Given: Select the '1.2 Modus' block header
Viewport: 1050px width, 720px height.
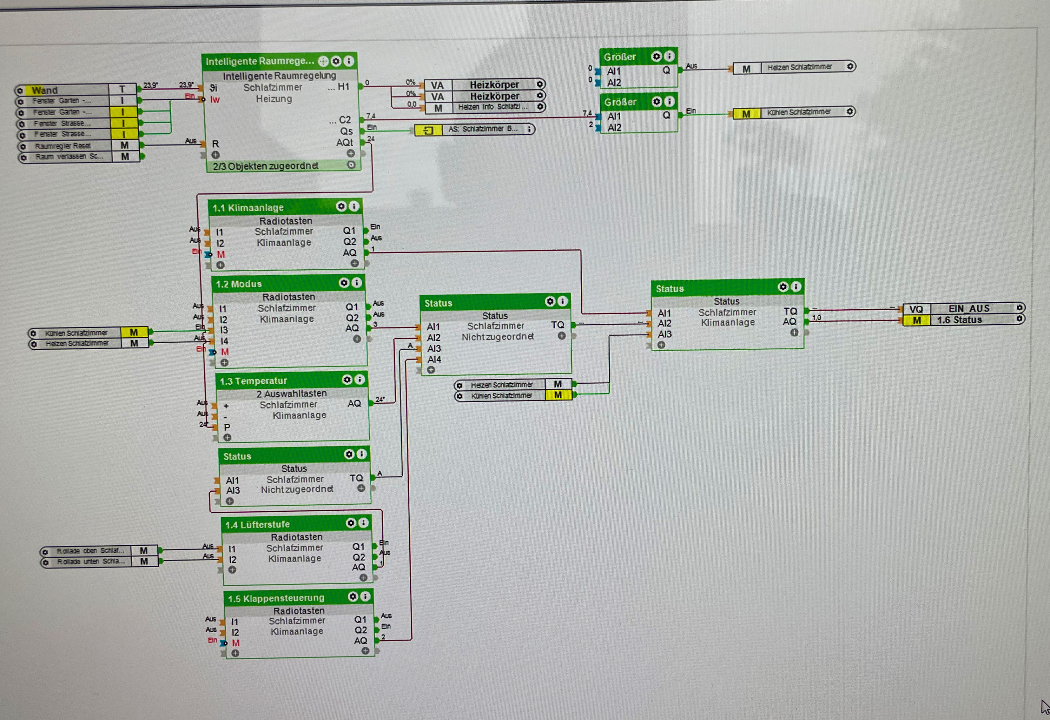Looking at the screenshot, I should [x=239, y=284].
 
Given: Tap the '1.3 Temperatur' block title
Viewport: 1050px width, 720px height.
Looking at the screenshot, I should [x=253, y=381].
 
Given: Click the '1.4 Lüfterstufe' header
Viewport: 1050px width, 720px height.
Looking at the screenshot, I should [x=258, y=525].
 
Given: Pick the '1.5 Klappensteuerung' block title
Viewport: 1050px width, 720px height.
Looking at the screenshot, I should [x=276, y=598].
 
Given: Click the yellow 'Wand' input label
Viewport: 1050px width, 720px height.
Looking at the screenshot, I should [x=45, y=90].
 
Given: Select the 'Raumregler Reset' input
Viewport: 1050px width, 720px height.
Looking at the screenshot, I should [x=63, y=146].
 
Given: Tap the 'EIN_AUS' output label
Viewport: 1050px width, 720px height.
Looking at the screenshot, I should [x=968, y=308].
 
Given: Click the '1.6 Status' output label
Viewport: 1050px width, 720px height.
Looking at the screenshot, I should [x=959, y=320].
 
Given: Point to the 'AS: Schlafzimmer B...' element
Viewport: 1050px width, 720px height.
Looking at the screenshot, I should [x=483, y=129].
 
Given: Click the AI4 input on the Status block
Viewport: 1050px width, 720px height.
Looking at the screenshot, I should [x=434, y=360].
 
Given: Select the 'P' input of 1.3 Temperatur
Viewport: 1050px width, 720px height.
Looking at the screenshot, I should [x=227, y=427].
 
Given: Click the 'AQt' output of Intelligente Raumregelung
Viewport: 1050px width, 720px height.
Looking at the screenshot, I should [x=344, y=143].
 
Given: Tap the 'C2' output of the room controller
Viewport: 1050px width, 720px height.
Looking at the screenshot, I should [x=344, y=120].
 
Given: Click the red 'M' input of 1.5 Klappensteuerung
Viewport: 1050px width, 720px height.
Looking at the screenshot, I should [x=236, y=643].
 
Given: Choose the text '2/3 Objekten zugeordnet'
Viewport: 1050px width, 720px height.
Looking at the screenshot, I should [x=266, y=166].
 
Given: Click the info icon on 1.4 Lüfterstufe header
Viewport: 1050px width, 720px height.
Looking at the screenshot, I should [x=364, y=523].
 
